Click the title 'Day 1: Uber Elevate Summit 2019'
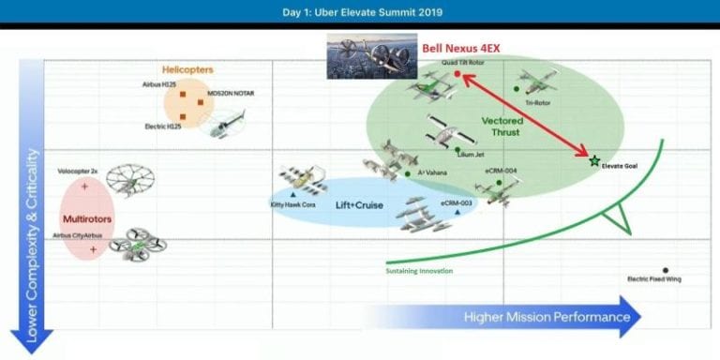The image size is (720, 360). tap(359, 12)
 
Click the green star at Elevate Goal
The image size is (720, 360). tap(593, 161)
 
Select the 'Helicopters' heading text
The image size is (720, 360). tap(187, 69)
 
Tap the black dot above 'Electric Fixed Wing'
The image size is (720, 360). tap(666, 270)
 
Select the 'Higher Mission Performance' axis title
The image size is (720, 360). tap(547, 317)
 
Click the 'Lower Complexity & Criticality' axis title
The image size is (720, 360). tap(34, 246)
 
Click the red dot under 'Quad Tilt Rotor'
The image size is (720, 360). tap(457, 72)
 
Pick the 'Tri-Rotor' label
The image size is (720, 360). tap(536, 103)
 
